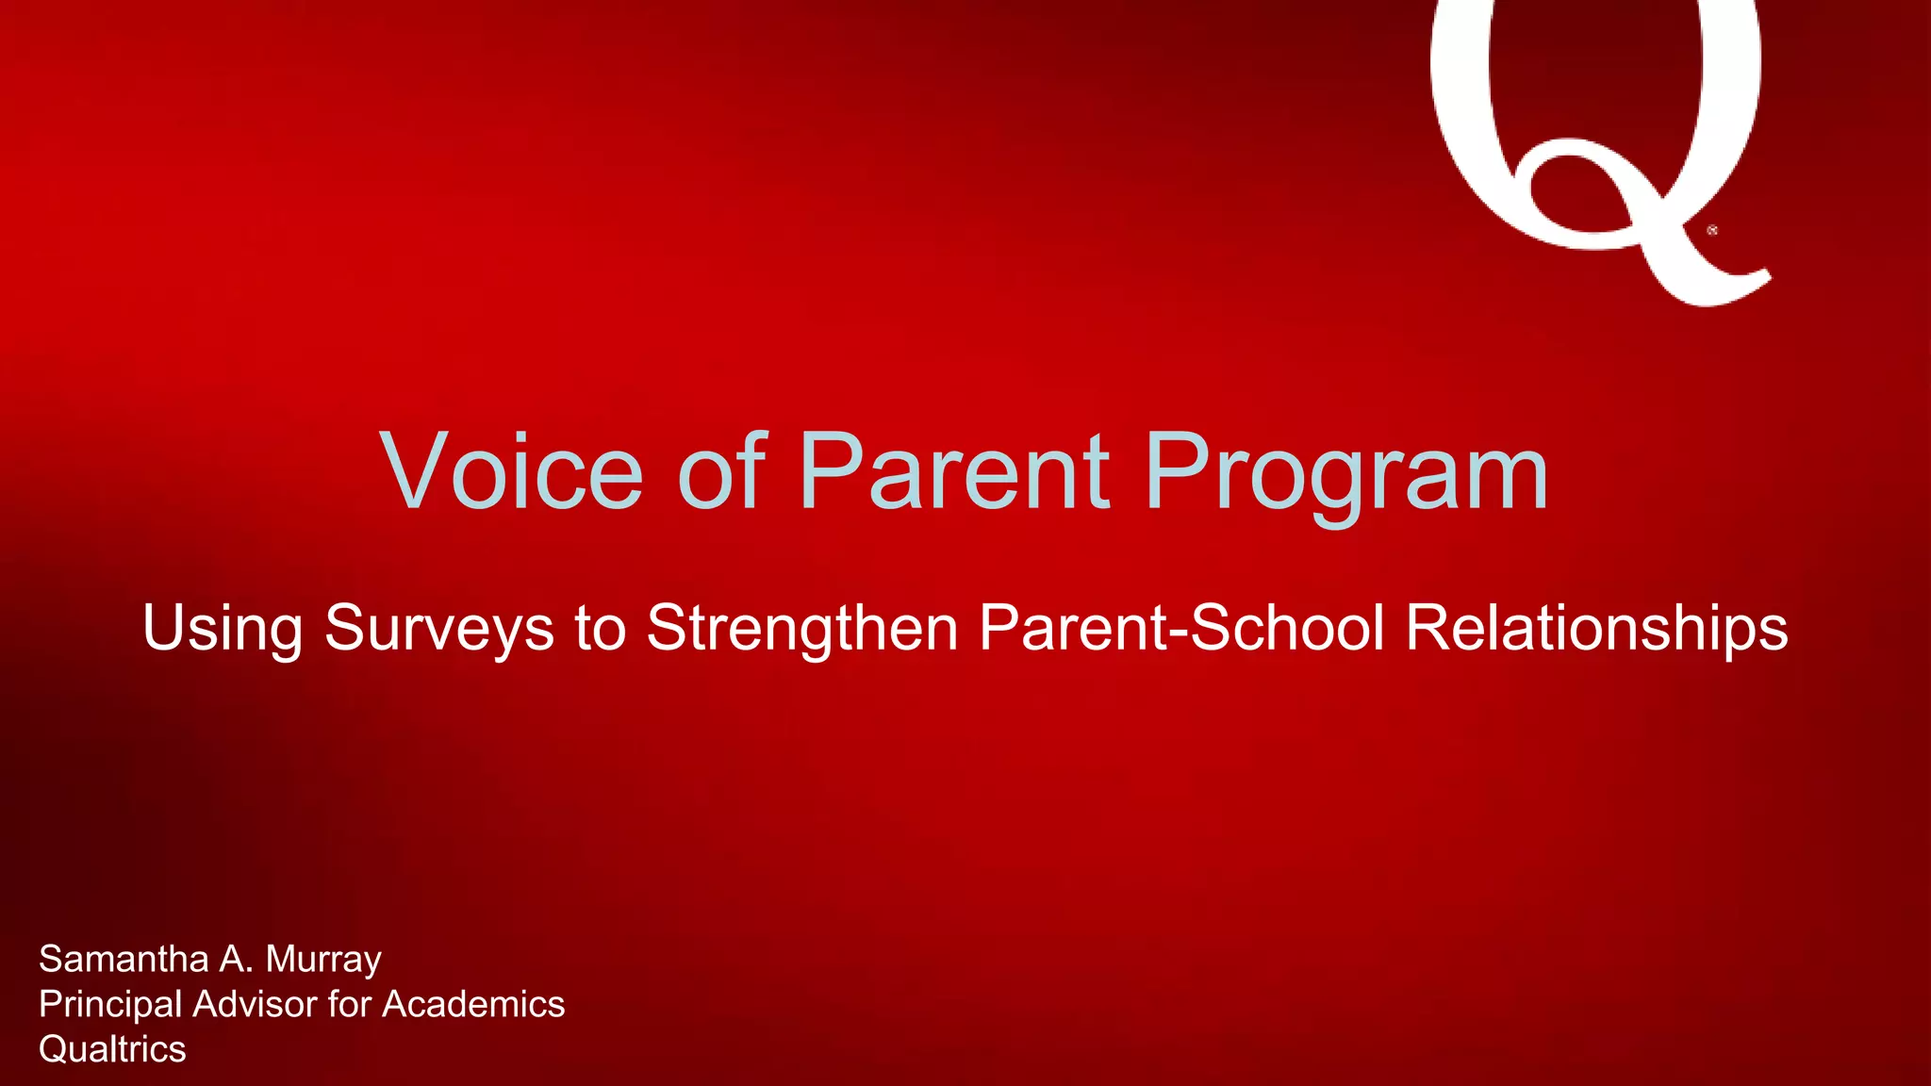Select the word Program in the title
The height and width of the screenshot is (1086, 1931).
click(1346, 474)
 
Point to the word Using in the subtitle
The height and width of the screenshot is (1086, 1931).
click(223, 629)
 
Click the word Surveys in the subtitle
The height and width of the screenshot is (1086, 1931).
click(438, 629)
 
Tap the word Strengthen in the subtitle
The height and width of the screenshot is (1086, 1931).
click(801, 629)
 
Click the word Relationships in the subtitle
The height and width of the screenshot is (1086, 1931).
click(1596, 629)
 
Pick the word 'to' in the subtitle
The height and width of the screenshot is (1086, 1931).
click(600, 629)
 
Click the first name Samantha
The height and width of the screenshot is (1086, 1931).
click(124, 959)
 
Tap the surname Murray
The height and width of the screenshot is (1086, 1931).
click(323, 961)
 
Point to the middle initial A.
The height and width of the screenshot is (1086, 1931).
click(236, 959)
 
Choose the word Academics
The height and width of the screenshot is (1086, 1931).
click(472, 1004)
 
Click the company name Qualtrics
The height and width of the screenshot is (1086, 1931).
click(112, 1049)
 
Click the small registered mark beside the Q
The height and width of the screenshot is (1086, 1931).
click(1712, 230)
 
